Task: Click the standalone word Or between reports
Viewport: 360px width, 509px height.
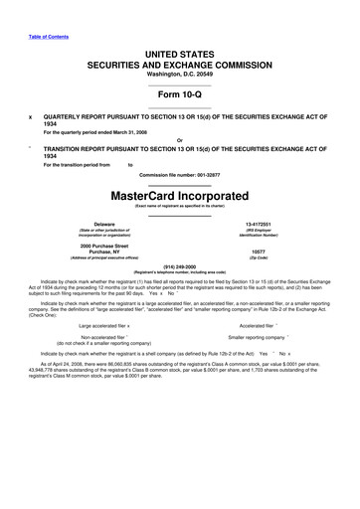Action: point(180,139)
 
